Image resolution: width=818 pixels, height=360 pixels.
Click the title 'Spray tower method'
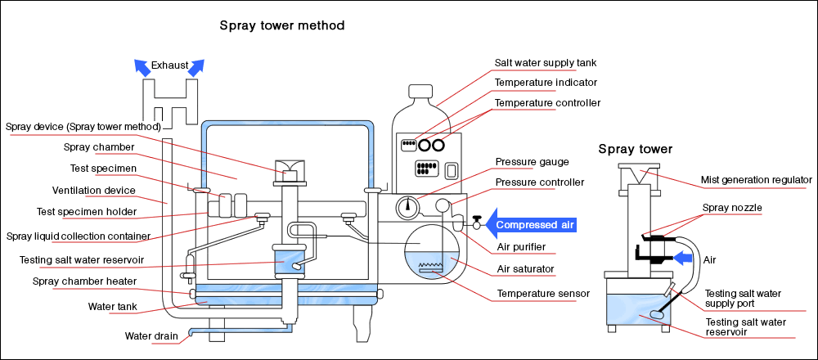tap(281, 25)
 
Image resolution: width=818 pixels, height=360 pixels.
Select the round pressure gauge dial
tap(407, 208)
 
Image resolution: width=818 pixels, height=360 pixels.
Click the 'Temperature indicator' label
tap(546, 83)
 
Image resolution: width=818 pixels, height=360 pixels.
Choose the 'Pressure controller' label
tap(540, 182)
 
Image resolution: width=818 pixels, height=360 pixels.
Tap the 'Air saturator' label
tap(526, 268)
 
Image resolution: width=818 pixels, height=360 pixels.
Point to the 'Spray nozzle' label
tap(731, 208)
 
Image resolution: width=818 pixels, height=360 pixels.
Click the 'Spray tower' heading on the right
tap(636, 149)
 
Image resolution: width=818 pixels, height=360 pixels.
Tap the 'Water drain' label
tap(151, 335)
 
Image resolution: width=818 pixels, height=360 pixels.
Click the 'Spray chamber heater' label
tap(84, 281)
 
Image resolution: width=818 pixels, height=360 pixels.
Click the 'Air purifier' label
tap(521, 247)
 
